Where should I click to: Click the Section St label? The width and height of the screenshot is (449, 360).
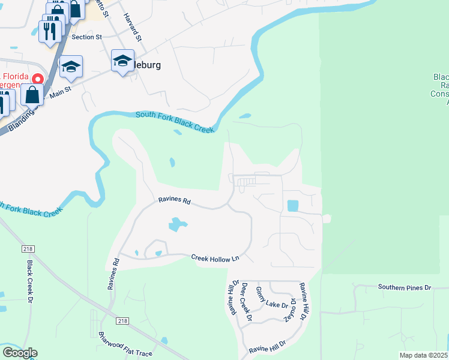83,37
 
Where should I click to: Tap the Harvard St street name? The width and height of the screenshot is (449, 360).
133,27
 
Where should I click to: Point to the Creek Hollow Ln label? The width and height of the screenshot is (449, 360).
215,258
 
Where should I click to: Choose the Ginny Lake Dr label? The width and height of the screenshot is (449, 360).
273,298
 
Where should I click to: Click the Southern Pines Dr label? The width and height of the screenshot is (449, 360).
405,287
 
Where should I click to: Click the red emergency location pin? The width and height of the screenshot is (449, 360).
37,79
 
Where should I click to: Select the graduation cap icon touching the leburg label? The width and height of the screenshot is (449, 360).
122,61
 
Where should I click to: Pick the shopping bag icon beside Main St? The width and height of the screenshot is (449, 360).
32,95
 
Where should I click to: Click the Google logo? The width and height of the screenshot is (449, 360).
20,353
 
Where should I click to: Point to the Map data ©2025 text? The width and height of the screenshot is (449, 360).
423,355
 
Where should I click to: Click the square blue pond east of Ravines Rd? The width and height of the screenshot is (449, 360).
293,205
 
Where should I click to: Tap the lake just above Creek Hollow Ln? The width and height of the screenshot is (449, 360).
177,225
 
